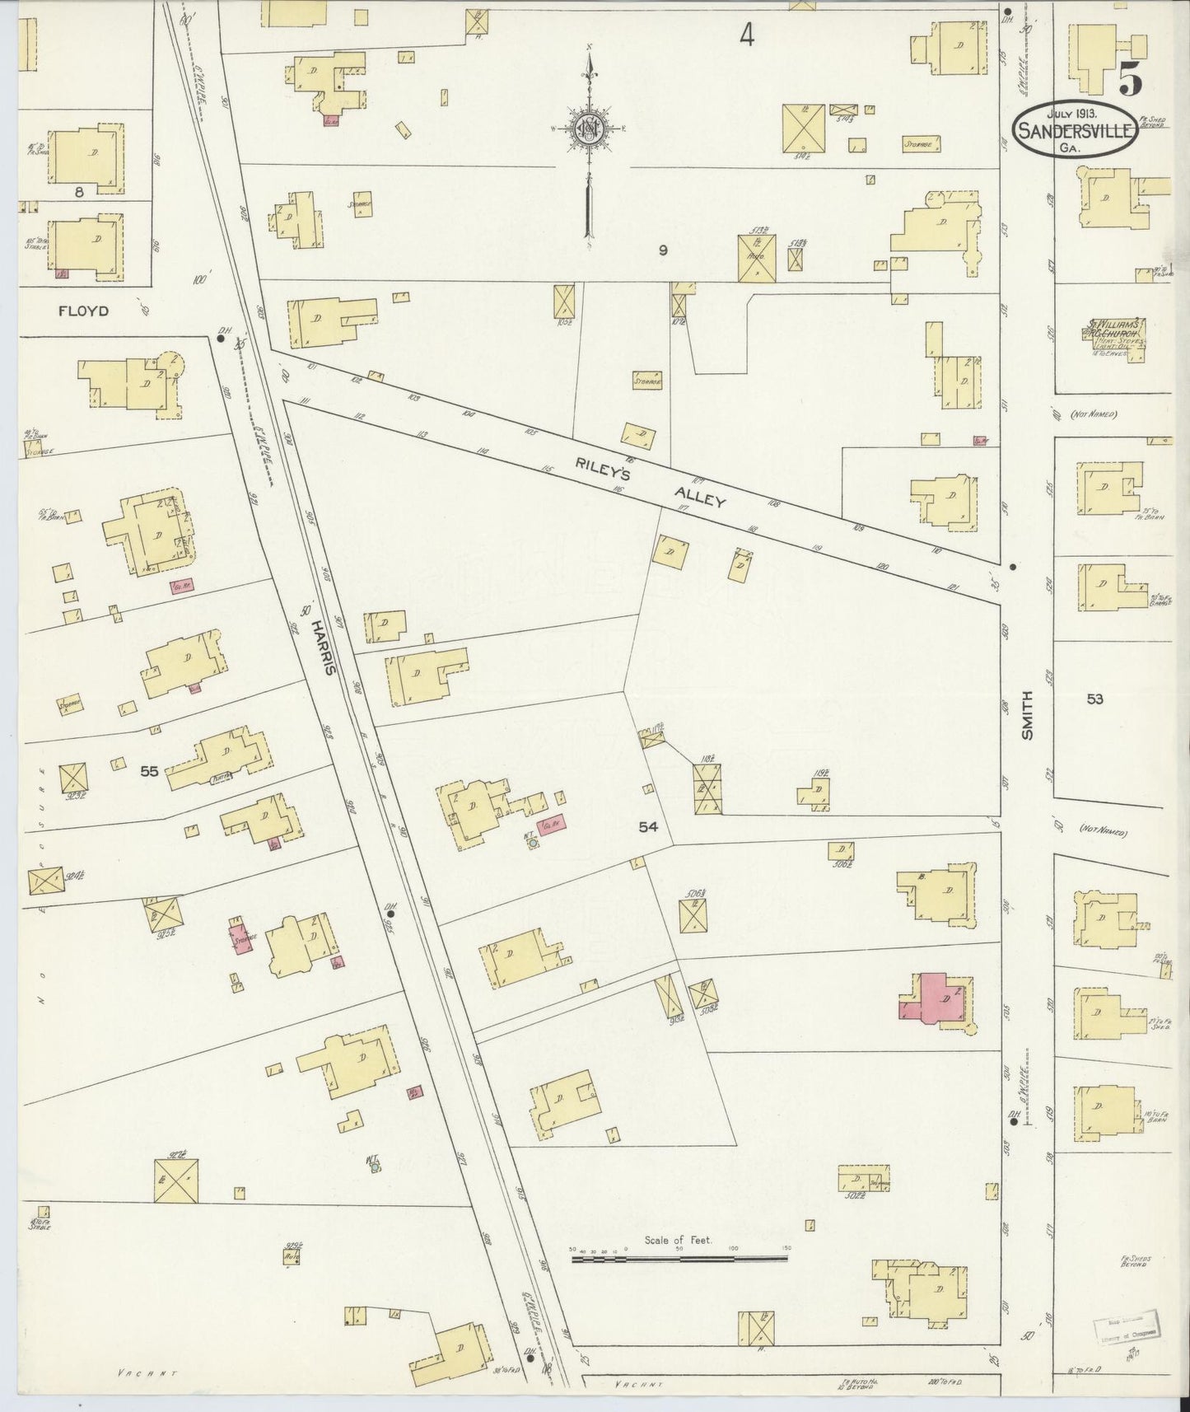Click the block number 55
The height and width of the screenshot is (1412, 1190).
coord(148,772)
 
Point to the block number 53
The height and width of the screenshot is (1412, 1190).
coord(1094,699)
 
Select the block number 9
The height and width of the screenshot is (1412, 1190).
coord(662,251)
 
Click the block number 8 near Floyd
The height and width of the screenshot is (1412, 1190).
coord(79,192)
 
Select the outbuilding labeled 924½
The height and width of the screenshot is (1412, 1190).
coord(44,880)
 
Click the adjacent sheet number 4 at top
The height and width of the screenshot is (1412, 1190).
coord(746,35)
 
